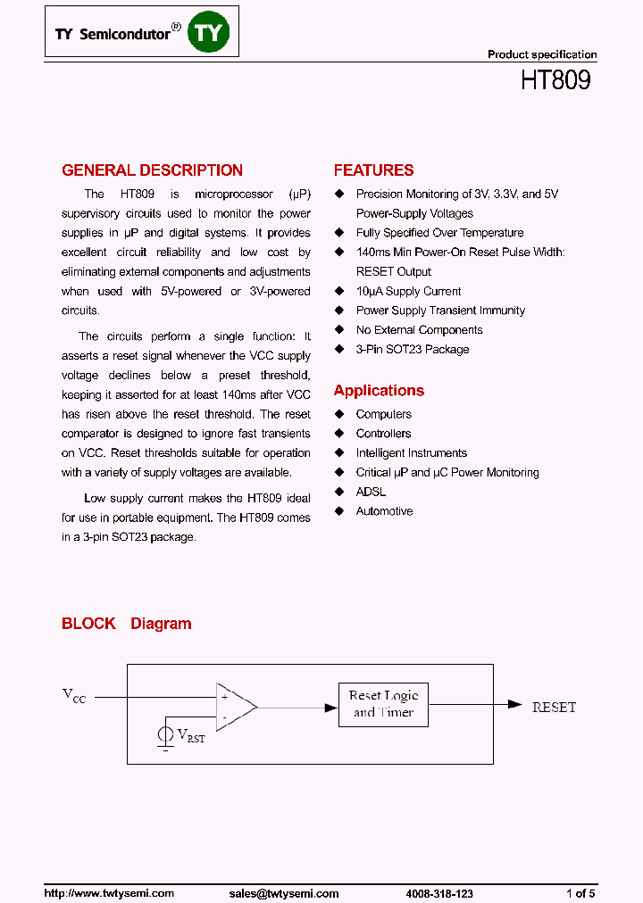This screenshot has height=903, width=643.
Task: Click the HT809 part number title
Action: [x=555, y=80]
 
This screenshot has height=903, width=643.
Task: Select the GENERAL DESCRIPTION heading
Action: [x=152, y=170]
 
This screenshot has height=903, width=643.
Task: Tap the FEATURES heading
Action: [x=373, y=170]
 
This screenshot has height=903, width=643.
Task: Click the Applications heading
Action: [x=379, y=391]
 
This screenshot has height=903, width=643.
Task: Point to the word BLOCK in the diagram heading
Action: [x=88, y=624]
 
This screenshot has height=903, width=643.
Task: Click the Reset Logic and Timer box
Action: [x=383, y=704]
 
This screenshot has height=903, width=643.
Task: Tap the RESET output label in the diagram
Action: [x=554, y=707]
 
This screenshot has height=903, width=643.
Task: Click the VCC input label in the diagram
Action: [x=73, y=696]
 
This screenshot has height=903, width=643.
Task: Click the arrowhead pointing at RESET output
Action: [x=514, y=704]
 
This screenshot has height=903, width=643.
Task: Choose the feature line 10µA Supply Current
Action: [x=408, y=291]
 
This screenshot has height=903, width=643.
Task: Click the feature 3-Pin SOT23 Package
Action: [x=412, y=349]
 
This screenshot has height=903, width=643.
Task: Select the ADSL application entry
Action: [x=371, y=492]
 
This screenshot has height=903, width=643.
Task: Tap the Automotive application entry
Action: [x=384, y=511]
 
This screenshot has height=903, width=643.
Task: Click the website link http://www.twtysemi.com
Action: [x=109, y=893]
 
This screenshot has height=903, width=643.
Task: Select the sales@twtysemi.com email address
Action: [x=284, y=893]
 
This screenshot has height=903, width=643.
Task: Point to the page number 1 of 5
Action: [x=580, y=893]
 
